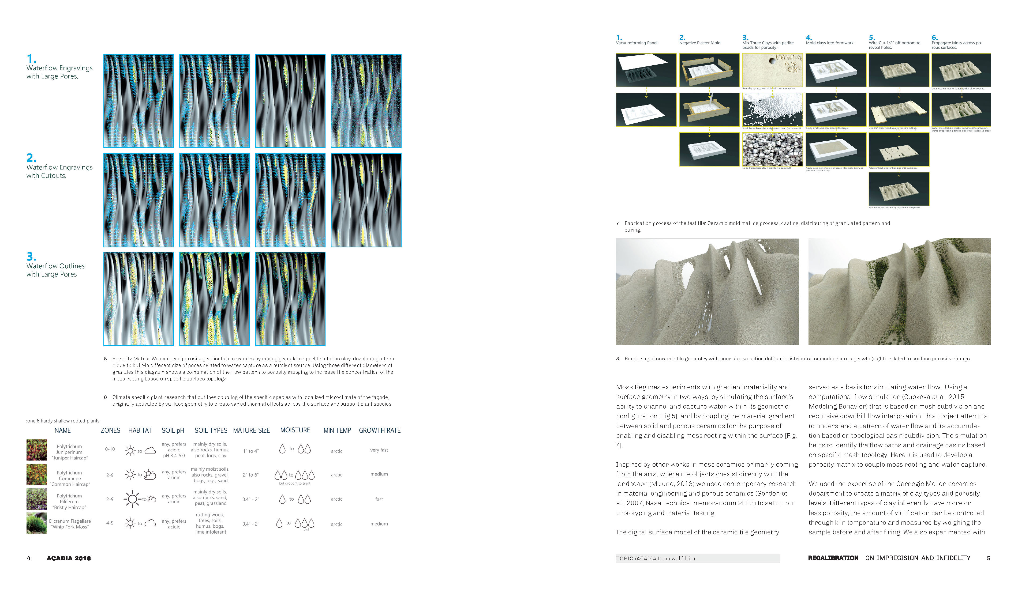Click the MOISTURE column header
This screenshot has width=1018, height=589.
point(295,430)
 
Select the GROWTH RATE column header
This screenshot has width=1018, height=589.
point(379,430)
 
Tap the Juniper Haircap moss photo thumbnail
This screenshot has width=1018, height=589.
point(36,450)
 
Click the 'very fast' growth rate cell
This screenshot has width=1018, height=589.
point(379,450)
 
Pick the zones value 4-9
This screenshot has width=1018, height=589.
point(110,523)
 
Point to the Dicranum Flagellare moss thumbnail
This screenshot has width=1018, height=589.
point(36,523)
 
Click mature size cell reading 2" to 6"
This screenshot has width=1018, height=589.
point(250,475)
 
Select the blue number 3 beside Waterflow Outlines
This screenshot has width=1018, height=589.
point(31,257)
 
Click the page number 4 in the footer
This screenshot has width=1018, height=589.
point(28,558)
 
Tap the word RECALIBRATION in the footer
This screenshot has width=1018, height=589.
point(833,558)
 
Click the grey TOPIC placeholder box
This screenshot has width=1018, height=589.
point(697,558)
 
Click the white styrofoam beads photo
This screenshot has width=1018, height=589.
point(772,110)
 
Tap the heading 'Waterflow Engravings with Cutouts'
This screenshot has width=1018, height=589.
point(59,171)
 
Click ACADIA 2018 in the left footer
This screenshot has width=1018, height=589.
point(69,558)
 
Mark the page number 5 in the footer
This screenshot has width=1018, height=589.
point(989,558)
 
